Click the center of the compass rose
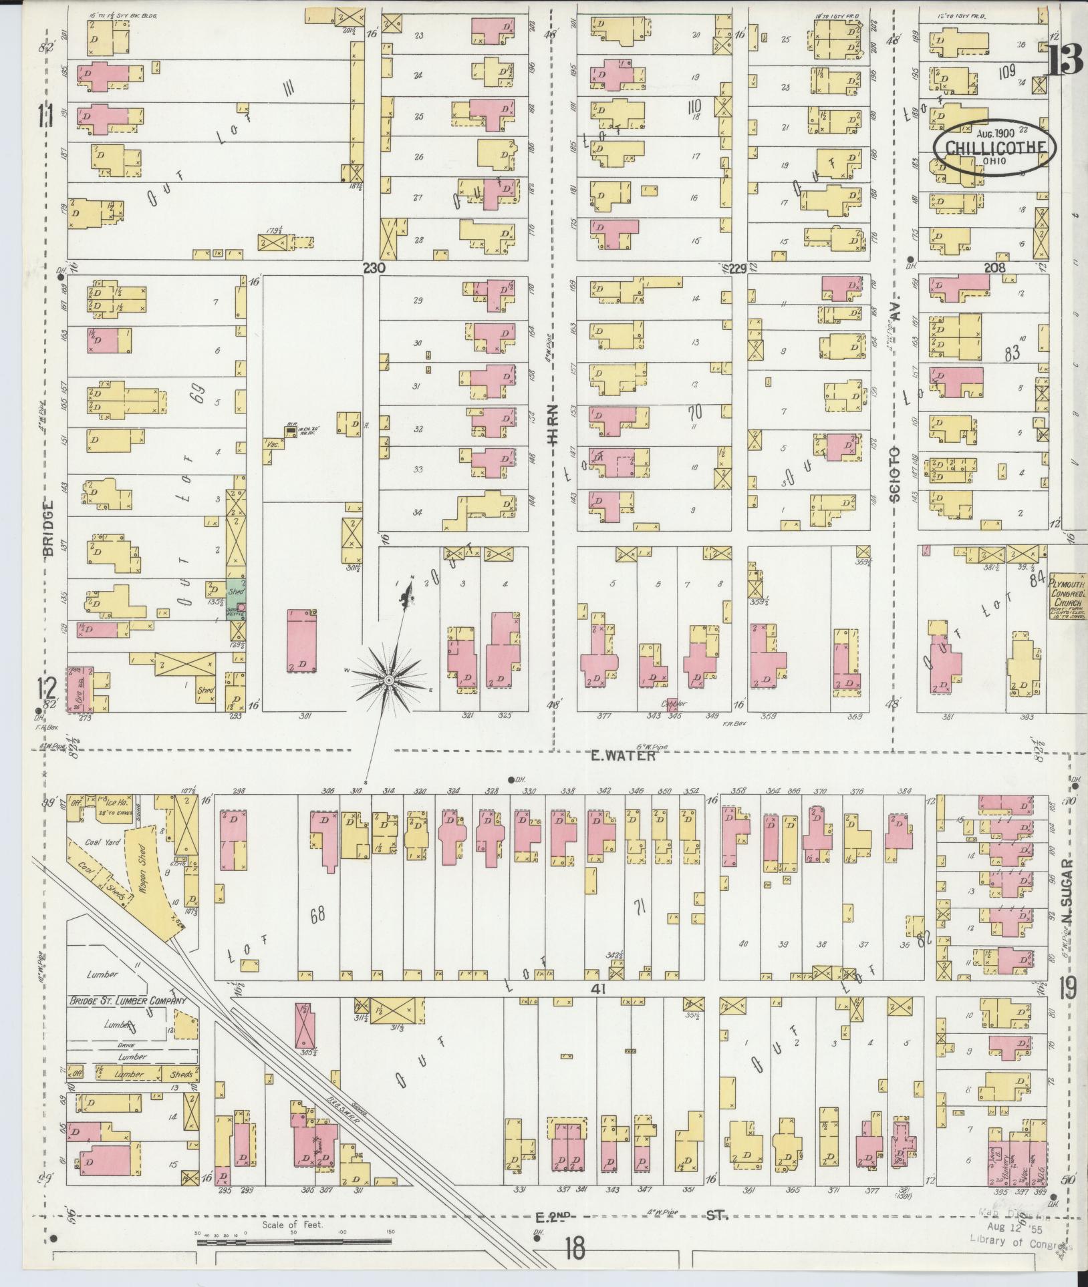click(x=388, y=680)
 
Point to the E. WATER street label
click(x=623, y=756)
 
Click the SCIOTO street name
click(x=896, y=474)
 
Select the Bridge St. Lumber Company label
click(x=126, y=1021)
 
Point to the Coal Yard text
click(x=102, y=843)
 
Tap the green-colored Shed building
click(x=236, y=592)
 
